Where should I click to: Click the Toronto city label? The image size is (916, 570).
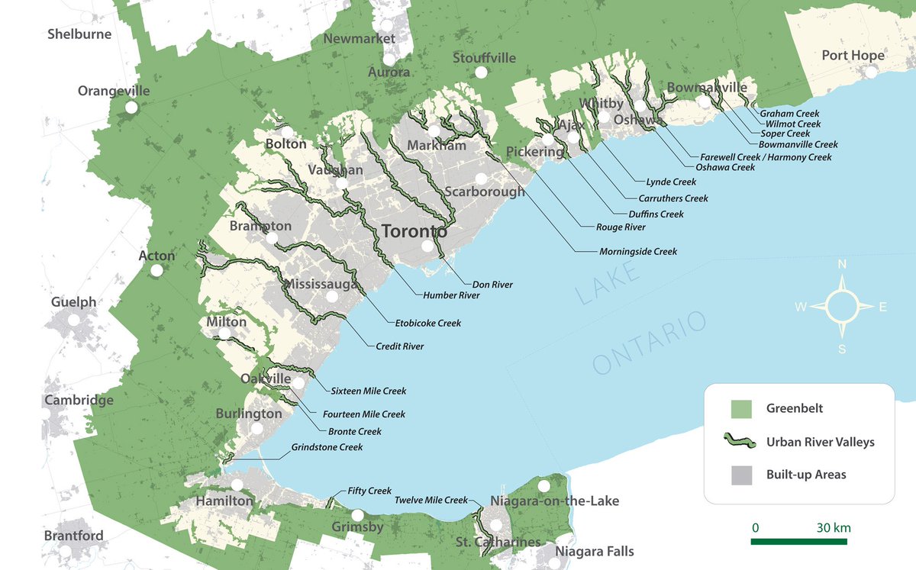(x=414, y=230)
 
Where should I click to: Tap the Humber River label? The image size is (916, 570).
(x=451, y=295)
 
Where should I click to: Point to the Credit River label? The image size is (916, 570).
(x=399, y=346)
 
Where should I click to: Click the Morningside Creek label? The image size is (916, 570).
(x=637, y=252)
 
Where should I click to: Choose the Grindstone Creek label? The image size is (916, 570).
(x=327, y=448)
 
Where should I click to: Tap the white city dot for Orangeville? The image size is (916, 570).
(x=131, y=108)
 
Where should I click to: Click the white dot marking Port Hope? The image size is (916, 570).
(x=871, y=72)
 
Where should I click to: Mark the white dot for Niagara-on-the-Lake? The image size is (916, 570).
(x=543, y=486)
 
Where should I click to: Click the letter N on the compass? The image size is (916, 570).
(x=842, y=265)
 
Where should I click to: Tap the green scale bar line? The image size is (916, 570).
(x=798, y=542)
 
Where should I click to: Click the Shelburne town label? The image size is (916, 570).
(x=79, y=34)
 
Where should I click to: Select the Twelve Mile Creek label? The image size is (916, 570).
(x=431, y=501)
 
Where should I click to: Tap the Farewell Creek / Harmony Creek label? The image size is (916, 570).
(x=766, y=157)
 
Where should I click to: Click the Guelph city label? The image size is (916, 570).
(x=74, y=302)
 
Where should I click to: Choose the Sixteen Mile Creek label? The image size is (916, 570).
(x=368, y=391)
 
